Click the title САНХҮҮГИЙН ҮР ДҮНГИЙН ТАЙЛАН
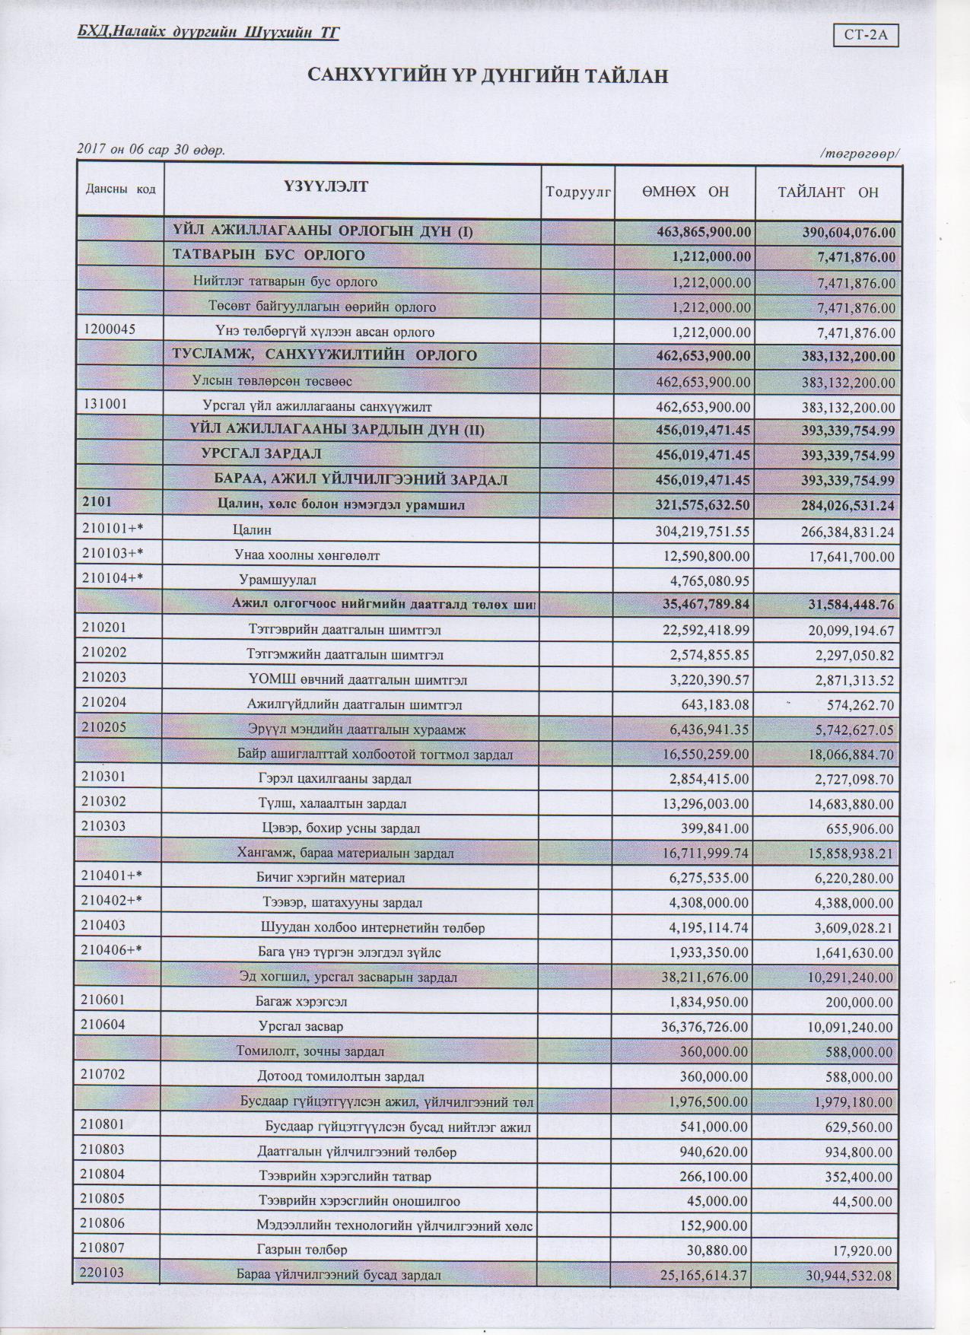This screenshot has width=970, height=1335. pyautogui.click(x=487, y=76)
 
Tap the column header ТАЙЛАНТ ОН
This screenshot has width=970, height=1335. pyautogui.click(x=828, y=192)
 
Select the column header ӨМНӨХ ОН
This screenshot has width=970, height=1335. pyautogui.click(x=684, y=191)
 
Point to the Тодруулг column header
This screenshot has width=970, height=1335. pyautogui.click(x=578, y=192)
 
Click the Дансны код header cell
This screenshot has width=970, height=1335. pyautogui.click(x=119, y=189)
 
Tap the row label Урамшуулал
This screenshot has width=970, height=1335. pyautogui.click(x=278, y=580)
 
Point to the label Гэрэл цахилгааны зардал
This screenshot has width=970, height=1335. pyautogui.click(x=335, y=779)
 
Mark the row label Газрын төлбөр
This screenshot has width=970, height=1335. pyautogui.click(x=302, y=1250)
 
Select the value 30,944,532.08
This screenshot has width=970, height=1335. pyautogui.click(x=849, y=1276)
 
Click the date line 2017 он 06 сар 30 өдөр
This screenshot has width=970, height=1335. pyautogui.click(x=151, y=150)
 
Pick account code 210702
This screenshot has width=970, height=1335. pyautogui.click(x=103, y=1075)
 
